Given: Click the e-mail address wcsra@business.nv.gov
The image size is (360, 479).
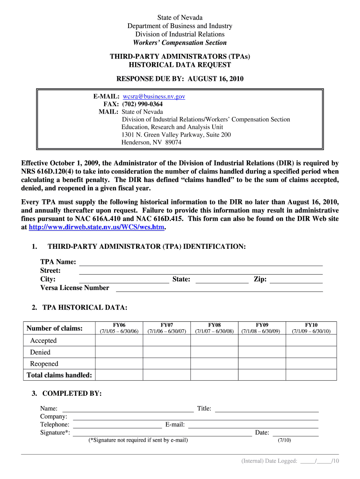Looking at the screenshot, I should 154,96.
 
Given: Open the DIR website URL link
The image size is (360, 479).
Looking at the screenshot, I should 97,227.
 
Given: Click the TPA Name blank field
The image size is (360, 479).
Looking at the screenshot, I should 201,262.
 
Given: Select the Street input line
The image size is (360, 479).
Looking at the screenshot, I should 201,271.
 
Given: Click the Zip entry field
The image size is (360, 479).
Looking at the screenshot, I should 296,280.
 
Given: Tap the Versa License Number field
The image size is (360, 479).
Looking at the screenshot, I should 219,288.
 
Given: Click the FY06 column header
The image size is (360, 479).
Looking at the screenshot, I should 119,328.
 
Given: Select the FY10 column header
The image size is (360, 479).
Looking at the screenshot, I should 311,328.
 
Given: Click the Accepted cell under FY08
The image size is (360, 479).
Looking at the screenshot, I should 214,341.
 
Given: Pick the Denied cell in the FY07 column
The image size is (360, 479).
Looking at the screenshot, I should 166,352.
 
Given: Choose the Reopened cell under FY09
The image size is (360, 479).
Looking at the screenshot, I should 262,364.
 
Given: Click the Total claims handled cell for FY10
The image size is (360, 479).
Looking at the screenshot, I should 311,375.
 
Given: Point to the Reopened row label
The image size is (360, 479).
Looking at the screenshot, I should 44,364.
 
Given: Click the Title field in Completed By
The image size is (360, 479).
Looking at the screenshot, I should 266,409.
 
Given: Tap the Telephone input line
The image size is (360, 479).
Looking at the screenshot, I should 117,425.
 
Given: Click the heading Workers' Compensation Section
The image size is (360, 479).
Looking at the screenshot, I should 180,43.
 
